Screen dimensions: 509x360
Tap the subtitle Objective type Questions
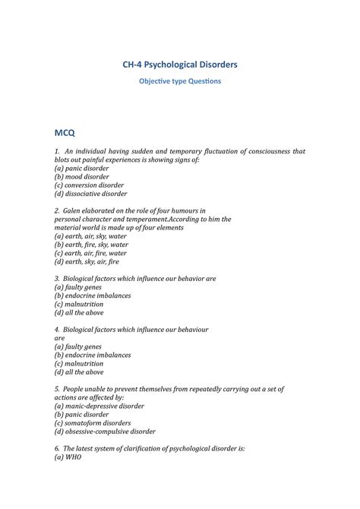(179, 81)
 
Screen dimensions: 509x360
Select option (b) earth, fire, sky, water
(91, 245)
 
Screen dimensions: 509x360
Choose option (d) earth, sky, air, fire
(87, 262)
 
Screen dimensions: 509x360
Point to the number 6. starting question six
(58, 449)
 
